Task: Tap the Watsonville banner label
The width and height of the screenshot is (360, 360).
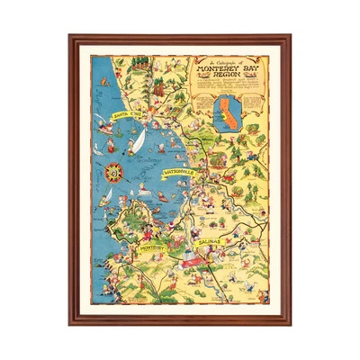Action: pos(179,170)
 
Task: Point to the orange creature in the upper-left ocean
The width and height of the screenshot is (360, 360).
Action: pos(101,86)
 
